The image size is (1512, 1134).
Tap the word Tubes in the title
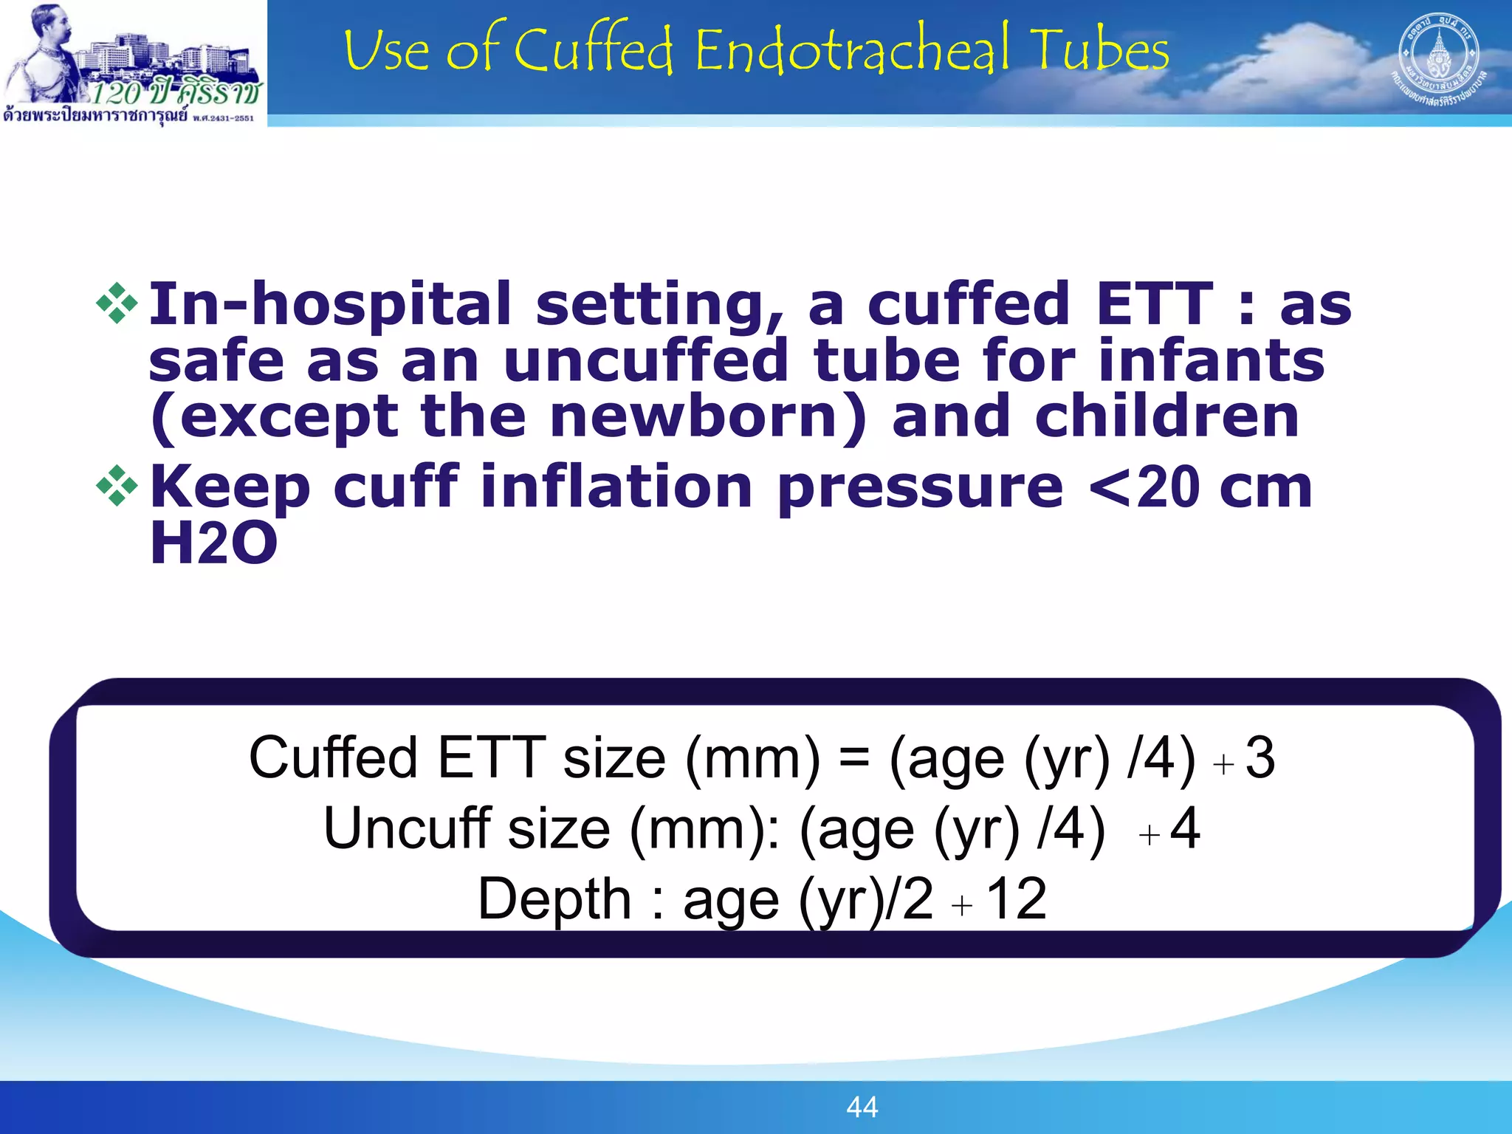pyautogui.click(x=1100, y=50)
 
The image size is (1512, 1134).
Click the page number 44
pyautogui.click(x=862, y=1107)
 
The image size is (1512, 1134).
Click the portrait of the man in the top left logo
pyautogui.click(x=49, y=52)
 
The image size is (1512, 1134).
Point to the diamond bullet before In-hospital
pyautogui.click(x=117, y=303)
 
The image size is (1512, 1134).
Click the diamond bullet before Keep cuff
pyautogui.click(x=117, y=486)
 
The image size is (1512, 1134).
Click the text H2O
pyautogui.click(x=213, y=543)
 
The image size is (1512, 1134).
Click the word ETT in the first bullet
pyautogui.click(x=1155, y=303)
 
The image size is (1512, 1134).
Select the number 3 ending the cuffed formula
pyautogui.click(x=1260, y=758)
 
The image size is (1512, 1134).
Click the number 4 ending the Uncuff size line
pyautogui.click(x=1185, y=828)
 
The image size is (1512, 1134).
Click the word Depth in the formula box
pyautogui.click(x=554, y=898)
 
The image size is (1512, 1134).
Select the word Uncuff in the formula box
pyautogui.click(x=407, y=828)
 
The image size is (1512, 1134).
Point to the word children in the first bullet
pyautogui.click(x=1166, y=416)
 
